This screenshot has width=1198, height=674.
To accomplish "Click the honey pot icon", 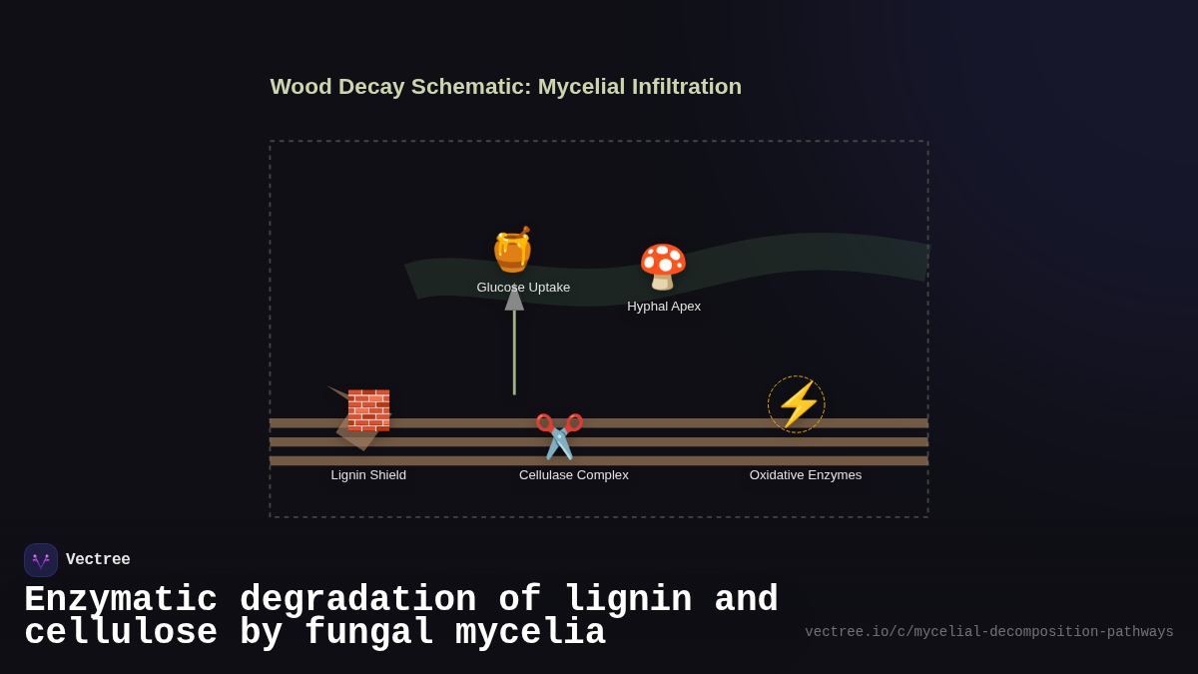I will point(512,250).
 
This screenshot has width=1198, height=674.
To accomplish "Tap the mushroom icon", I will point(663,267).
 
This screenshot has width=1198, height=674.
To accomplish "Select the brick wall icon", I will point(368,409).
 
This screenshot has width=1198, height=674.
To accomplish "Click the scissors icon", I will point(559,435).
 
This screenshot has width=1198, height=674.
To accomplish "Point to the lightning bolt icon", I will point(797,404).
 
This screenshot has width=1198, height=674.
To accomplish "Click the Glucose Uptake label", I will point(523,288).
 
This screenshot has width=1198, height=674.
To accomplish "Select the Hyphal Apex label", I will point(664,307).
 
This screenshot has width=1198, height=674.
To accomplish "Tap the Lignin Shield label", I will point(368,475).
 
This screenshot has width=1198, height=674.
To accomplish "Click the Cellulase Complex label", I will point(574,475).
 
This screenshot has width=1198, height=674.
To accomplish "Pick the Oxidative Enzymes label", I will point(806,475).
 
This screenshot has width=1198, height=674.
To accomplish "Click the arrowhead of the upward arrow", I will point(514,298).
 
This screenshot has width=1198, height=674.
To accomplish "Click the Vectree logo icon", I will point(41,560).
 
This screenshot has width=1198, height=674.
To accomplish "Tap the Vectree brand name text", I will point(98,560).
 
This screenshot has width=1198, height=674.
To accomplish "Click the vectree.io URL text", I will point(988,632).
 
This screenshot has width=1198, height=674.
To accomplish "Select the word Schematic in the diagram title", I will point(471,87).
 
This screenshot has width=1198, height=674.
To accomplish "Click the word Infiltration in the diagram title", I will point(687,87).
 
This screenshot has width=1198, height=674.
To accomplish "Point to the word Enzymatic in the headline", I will point(121,600).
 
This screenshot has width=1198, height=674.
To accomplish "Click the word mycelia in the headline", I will point(530,633).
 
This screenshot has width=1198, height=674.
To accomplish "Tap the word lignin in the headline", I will point(628,600).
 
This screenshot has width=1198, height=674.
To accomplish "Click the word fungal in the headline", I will point(368,633).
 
